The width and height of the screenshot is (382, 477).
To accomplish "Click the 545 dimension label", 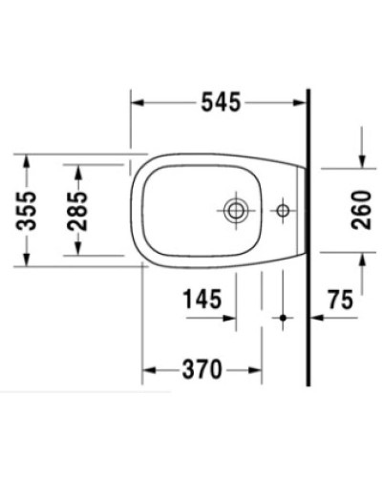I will tap(220, 99).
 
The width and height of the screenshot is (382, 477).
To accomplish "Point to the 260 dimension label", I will tap(361, 206).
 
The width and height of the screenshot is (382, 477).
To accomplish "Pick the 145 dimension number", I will tap(203, 300).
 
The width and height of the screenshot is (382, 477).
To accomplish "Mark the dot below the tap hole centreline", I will tap(282, 319).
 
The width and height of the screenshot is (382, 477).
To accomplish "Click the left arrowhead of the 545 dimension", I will tap(137, 99).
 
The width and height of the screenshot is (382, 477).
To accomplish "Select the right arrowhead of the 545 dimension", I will tap(303, 99).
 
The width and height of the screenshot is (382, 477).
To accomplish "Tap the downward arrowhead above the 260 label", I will tap(361, 160).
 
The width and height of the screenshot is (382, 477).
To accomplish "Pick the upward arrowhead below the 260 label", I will tap(361, 256).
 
